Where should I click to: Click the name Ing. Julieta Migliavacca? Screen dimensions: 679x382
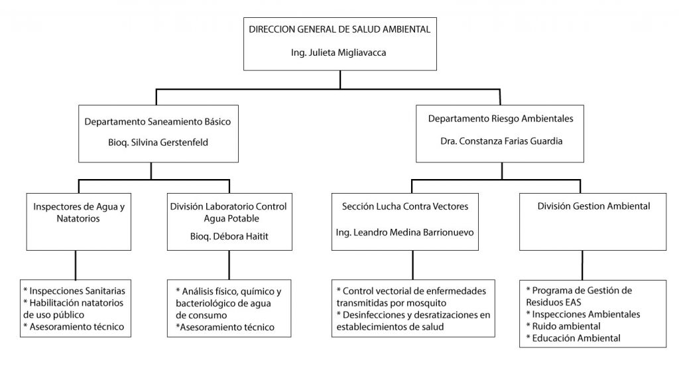(x=338, y=53)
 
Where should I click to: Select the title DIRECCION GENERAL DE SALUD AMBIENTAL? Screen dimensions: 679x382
(x=339, y=29)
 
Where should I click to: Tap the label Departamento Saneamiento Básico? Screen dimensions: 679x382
(x=158, y=122)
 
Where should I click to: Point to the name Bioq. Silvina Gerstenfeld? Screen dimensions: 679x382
(x=158, y=143)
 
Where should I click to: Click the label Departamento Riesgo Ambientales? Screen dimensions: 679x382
(x=501, y=119)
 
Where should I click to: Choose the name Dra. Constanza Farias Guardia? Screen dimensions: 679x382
(x=501, y=141)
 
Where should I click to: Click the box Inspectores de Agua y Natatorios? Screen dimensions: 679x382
(x=79, y=222)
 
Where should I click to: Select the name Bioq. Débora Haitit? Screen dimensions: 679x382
(x=229, y=237)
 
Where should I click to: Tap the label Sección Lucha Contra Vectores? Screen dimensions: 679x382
(x=405, y=207)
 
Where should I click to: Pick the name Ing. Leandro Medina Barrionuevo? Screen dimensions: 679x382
(x=405, y=233)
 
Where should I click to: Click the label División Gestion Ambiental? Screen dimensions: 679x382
(x=593, y=206)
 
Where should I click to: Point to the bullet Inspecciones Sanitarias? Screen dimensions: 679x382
(x=74, y=291)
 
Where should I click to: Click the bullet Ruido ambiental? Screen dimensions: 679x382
(x=563, y=326)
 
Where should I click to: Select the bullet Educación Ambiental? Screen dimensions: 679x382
(x=573, y=338)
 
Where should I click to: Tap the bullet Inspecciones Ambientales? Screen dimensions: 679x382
(x=583, y=314)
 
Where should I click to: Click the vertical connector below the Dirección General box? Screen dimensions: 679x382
(x=340, y=80)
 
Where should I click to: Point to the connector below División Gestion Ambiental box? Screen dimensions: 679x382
(x=582, y=265)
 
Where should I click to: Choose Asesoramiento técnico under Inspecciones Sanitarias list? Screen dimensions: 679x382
(x=74, y=327)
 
